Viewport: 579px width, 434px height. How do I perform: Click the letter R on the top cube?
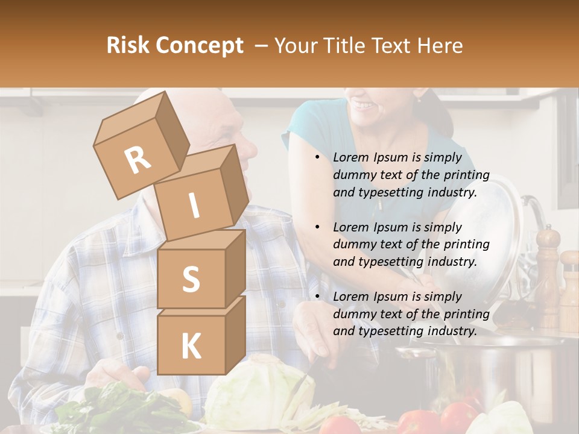pyautogui.click(x=138, y=160)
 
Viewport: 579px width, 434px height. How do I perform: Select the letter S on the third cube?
pyautogui.click(x=191, y=279)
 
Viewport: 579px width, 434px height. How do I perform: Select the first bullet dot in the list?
pyautogui.click(x=317, y=158)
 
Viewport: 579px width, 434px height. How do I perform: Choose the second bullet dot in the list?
pyautogui.click(x=317, y=228)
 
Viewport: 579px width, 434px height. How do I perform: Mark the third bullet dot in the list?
pyautogui.click(x=317, y=297)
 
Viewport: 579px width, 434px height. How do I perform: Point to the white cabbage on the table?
pyautogui.click(x=259, y=392)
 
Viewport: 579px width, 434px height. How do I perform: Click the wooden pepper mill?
pyautogui.click(x=548, y=271)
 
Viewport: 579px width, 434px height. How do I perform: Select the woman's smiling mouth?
pyautogui.click(x=364, y=105)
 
